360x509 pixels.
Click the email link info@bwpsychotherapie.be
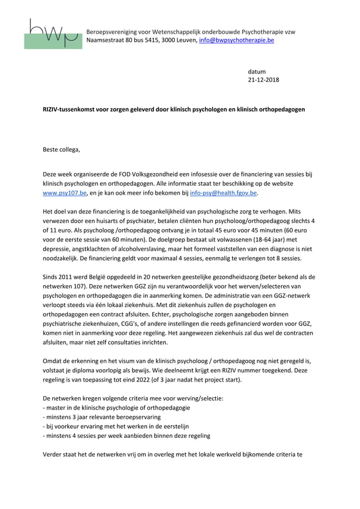point(236,41)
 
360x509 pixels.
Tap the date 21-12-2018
point(264,80)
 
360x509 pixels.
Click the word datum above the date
point(257,72)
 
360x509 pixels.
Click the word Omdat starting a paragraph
point(54,361)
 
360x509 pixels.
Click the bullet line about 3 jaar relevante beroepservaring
point(102,416)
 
